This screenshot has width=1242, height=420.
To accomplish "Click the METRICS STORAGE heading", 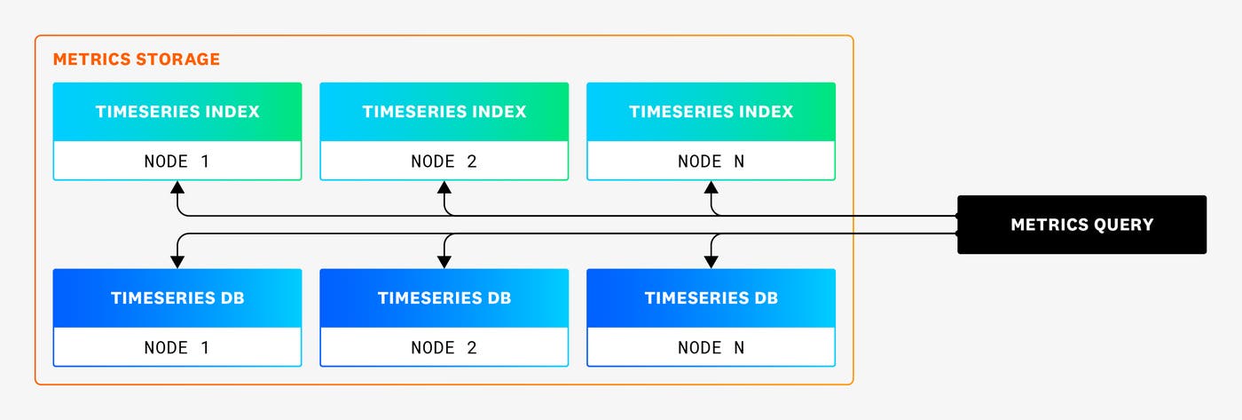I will (x=137, y=59).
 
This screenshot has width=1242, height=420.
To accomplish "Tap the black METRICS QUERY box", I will (x=1081, y=225).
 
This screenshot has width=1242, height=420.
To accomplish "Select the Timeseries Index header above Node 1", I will (x=177, y=112).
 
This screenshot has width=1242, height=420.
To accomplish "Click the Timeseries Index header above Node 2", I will (x=444, y=112).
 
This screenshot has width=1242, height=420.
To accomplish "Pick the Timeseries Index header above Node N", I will (x=711, y=112).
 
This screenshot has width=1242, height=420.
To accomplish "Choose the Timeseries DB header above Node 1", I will (x=177, y=298).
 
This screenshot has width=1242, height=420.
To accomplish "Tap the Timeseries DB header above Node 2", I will (x=444, y=298).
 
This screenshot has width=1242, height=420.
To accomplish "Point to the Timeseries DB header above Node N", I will (x=711, y=298).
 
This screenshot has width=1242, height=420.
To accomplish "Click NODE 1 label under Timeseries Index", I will (x=177, y=162).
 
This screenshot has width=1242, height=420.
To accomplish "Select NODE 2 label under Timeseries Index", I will (x=444, y=162).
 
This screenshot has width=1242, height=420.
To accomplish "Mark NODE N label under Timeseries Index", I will (x=711, y=162).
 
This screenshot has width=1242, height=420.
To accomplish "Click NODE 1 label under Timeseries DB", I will (x=177, y=347).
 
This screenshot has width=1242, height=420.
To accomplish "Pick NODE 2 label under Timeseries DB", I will (x=444, y=347).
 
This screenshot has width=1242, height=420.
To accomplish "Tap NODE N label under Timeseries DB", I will (x=711, y=347).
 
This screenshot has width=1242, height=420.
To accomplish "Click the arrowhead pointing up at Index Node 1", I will (x=177, y=187).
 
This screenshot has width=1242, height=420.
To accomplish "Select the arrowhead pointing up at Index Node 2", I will (x=444, y=187).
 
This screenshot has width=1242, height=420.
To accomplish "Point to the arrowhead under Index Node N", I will (x=711, y=187).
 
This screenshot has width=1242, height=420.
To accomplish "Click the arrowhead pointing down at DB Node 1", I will (x=177, y=261).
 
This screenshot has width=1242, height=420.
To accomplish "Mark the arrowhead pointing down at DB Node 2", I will (x=444, y=261).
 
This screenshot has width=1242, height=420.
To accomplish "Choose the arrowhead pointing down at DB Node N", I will (x=711, y=261).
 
